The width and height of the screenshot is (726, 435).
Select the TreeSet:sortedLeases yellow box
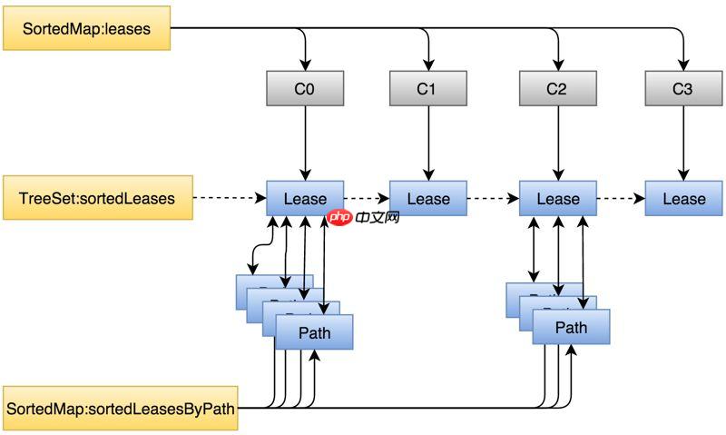98,198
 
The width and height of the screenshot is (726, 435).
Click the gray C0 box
304,89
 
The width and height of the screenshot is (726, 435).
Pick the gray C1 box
427,89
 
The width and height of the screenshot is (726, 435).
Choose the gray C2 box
557,89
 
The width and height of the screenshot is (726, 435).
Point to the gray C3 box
683,89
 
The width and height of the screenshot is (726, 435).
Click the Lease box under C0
305,199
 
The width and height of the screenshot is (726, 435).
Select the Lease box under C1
427,199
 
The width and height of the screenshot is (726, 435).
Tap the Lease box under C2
557,199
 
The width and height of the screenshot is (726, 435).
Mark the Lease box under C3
683,199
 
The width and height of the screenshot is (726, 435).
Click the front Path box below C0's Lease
314,333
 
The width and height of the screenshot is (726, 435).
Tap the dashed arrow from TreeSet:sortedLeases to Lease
230,197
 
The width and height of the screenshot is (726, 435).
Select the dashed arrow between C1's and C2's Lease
493,197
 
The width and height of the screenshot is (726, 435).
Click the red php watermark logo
340,218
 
